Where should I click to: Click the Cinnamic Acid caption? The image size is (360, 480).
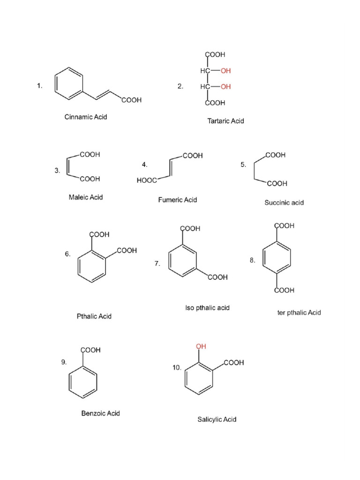point(86,117)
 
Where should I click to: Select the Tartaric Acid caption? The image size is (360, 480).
point(225,121)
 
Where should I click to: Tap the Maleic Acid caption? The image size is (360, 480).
point(86,197)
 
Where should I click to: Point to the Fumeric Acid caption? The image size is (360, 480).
point(178,200)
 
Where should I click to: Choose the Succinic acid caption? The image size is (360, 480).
point(284,202)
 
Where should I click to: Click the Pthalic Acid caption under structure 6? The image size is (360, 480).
point(94,316)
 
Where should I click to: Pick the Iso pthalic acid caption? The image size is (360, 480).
point(207,308)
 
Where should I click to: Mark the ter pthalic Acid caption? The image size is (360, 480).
point(299,313)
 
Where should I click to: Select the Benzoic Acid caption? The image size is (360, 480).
point(100,413)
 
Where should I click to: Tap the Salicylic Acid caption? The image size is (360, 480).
point(217,420)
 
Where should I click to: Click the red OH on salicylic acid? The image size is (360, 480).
point(201,346)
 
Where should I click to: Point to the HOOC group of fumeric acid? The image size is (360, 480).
point(147,180)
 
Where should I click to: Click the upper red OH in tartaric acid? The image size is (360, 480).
point(225,71)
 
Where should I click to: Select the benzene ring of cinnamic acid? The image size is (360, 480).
point(69,83)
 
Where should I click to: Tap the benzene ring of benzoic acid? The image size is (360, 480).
point(83,382)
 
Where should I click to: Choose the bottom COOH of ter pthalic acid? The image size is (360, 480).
point(284,290)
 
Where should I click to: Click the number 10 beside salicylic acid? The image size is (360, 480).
point(177,367)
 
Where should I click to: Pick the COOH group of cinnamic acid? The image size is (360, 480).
point(132,100)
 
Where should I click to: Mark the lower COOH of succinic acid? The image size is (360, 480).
point(277,184)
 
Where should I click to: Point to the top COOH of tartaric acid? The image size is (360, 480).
point(215,54)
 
